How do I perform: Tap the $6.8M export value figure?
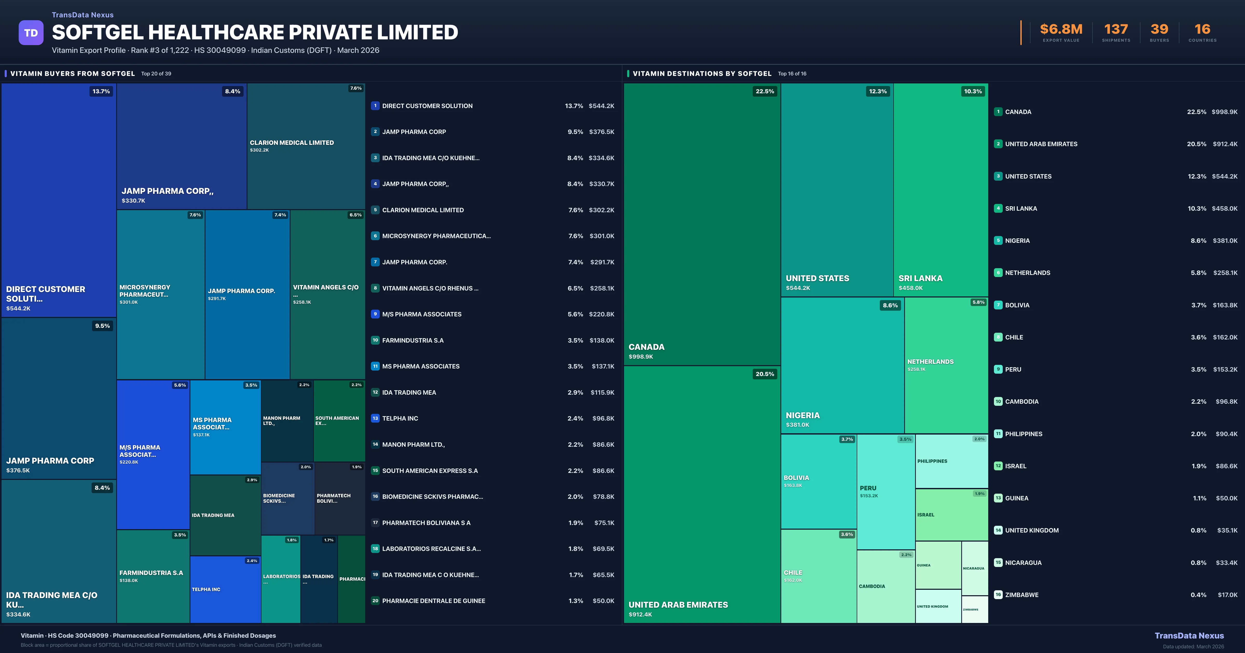1061,30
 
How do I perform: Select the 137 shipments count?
1116,30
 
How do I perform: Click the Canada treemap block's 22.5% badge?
765,91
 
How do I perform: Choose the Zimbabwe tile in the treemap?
974,609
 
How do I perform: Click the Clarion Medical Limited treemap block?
306,145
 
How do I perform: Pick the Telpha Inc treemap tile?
225,589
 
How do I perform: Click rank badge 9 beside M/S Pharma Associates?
375,314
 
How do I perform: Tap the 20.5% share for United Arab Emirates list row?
1196,144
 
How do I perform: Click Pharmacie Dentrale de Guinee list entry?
433,601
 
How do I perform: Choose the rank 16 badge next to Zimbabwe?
998,594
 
